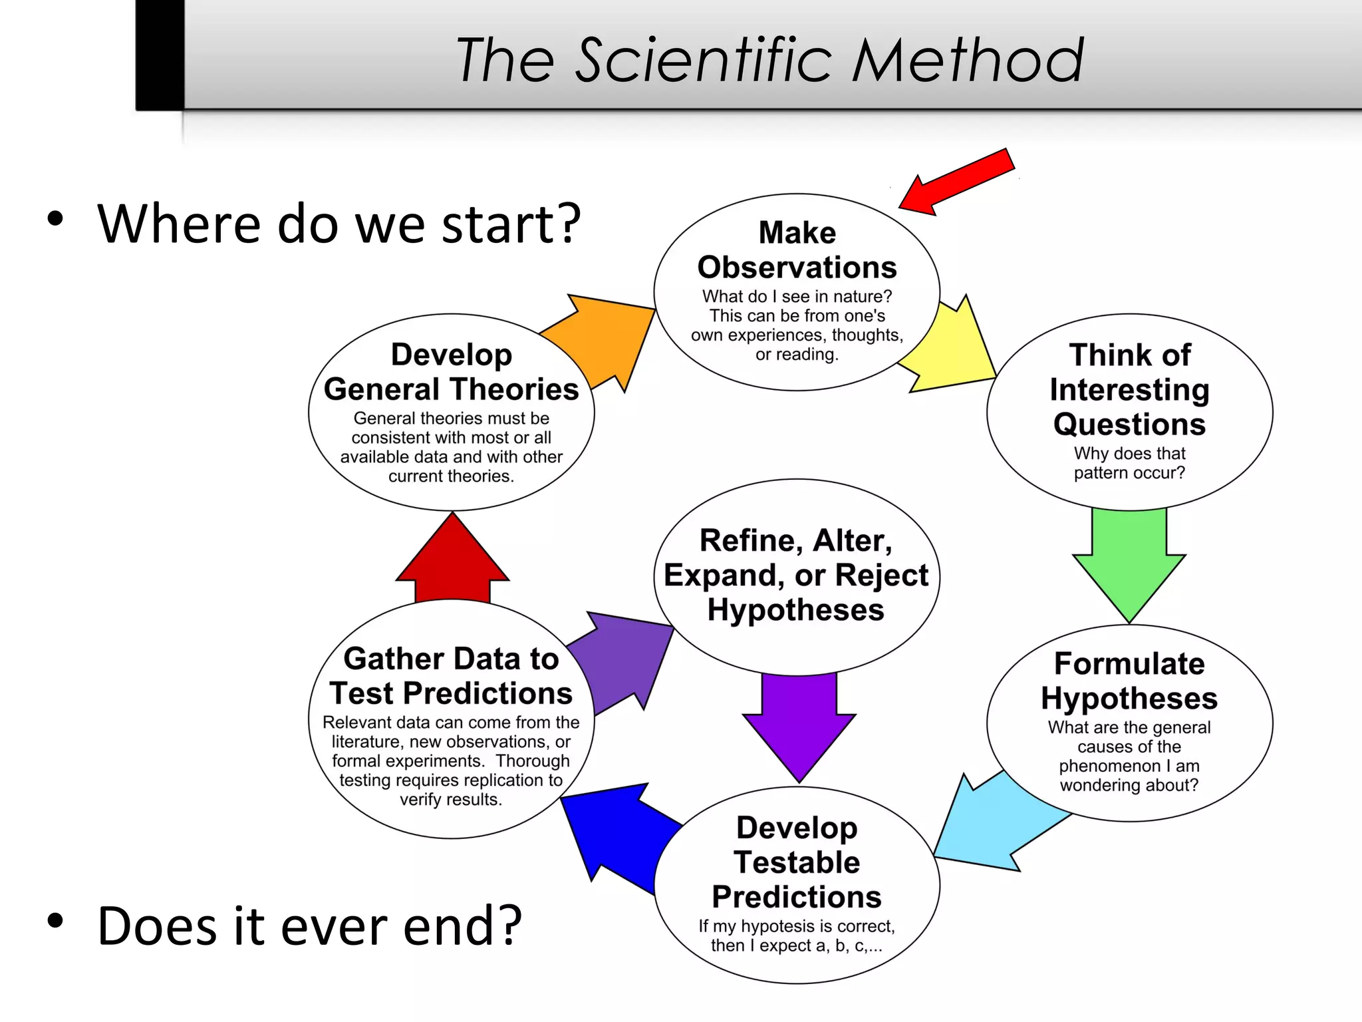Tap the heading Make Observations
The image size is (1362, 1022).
click(797, 250)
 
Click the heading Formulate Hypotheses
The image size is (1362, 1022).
click(1129, 681)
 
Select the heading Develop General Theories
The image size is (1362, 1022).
click(451, 372)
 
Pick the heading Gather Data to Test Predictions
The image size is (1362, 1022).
click(451, 676)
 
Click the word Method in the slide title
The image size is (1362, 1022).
click(968, 61)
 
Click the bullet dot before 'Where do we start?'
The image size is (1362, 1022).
click(55, 219)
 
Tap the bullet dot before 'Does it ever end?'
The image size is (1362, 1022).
click(55, 921)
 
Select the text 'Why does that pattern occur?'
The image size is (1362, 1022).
click(1129, 463)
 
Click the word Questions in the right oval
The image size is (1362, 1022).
click(1129, 425)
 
